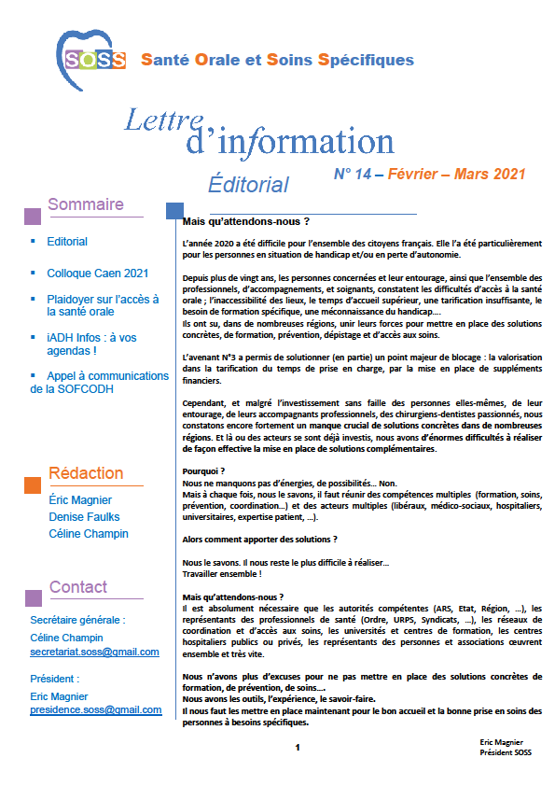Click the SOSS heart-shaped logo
(x=91, y=57)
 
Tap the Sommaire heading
(x=86, y=205)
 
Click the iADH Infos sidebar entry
(x=96, y=344)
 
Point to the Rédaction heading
(x=86, y=473)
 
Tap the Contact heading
(x=78, y=587)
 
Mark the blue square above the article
(x=173, y=210)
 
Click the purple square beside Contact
(x=32, y=597)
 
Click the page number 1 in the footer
(x=297, y=747)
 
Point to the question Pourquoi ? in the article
(x=205, y=471)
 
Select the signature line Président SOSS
(x=505, y=752)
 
